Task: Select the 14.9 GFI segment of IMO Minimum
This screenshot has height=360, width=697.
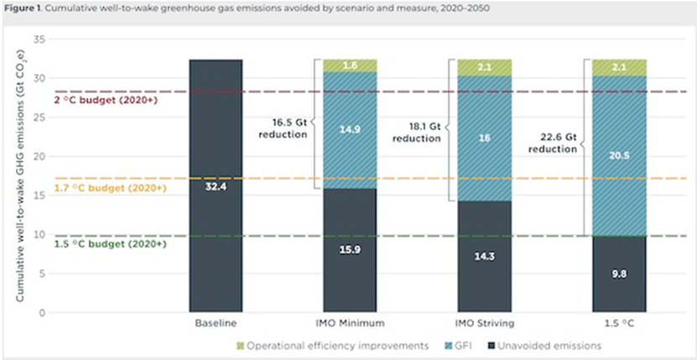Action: pos(350,130)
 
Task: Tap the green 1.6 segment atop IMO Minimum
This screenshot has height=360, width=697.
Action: pos(350,65)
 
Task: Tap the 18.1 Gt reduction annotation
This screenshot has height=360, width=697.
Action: pos(417,132)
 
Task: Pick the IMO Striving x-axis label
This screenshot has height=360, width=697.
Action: pos(484,322)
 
